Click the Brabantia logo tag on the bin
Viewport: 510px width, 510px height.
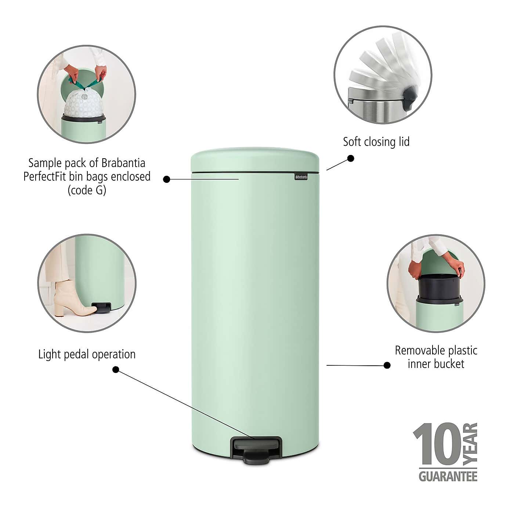coord(301,177)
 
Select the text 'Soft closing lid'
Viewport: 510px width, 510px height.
coord(376,142)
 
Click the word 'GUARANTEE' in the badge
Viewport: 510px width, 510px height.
coord(448,476)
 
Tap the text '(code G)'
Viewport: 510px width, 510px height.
coord(87,190)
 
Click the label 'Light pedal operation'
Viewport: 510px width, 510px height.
coord(87,354)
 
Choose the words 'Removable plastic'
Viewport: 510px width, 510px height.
coord(436,350)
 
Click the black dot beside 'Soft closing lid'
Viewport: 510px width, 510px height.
coord(351,158)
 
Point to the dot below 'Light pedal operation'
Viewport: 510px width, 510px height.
coord(116,369)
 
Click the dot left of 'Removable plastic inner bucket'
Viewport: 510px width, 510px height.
coord(387,365)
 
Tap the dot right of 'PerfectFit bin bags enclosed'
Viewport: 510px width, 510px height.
coord(166,179)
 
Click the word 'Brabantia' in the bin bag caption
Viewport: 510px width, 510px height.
coord(123,163)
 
